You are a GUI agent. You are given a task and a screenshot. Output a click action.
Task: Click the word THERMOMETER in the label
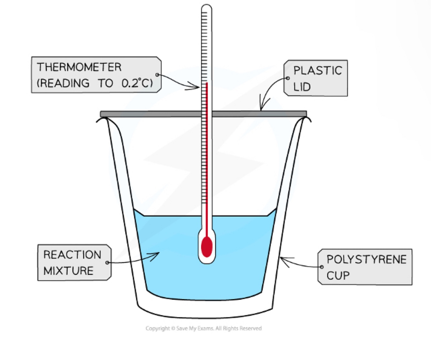coord(79,67)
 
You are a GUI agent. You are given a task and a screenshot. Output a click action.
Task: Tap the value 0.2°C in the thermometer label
coord(136,83)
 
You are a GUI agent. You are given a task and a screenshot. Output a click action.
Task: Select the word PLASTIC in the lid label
coord(317,70)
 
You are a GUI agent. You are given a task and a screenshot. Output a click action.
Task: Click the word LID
coord(302,87)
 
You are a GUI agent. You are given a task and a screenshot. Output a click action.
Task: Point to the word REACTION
coord(72,255)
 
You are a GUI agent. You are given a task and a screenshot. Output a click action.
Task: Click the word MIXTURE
coord(68,270)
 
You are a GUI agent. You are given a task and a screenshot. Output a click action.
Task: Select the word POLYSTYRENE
coord(366,259)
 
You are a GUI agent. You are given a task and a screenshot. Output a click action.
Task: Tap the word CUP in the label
coord(338,275)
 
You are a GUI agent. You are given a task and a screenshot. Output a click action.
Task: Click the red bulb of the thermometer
coord(207,247)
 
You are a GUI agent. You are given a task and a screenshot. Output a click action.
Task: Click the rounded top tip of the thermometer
coord(206,7)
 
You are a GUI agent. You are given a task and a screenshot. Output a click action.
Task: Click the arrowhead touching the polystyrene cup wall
coord(282,259)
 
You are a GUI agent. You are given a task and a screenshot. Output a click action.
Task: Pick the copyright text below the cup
coord(204,328)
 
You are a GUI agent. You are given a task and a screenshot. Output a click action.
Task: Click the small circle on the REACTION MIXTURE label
coord(107,263)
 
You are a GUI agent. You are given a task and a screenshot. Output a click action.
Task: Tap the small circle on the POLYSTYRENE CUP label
coord(322,267)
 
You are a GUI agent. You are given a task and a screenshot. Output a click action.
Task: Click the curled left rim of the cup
coord(103,120)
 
